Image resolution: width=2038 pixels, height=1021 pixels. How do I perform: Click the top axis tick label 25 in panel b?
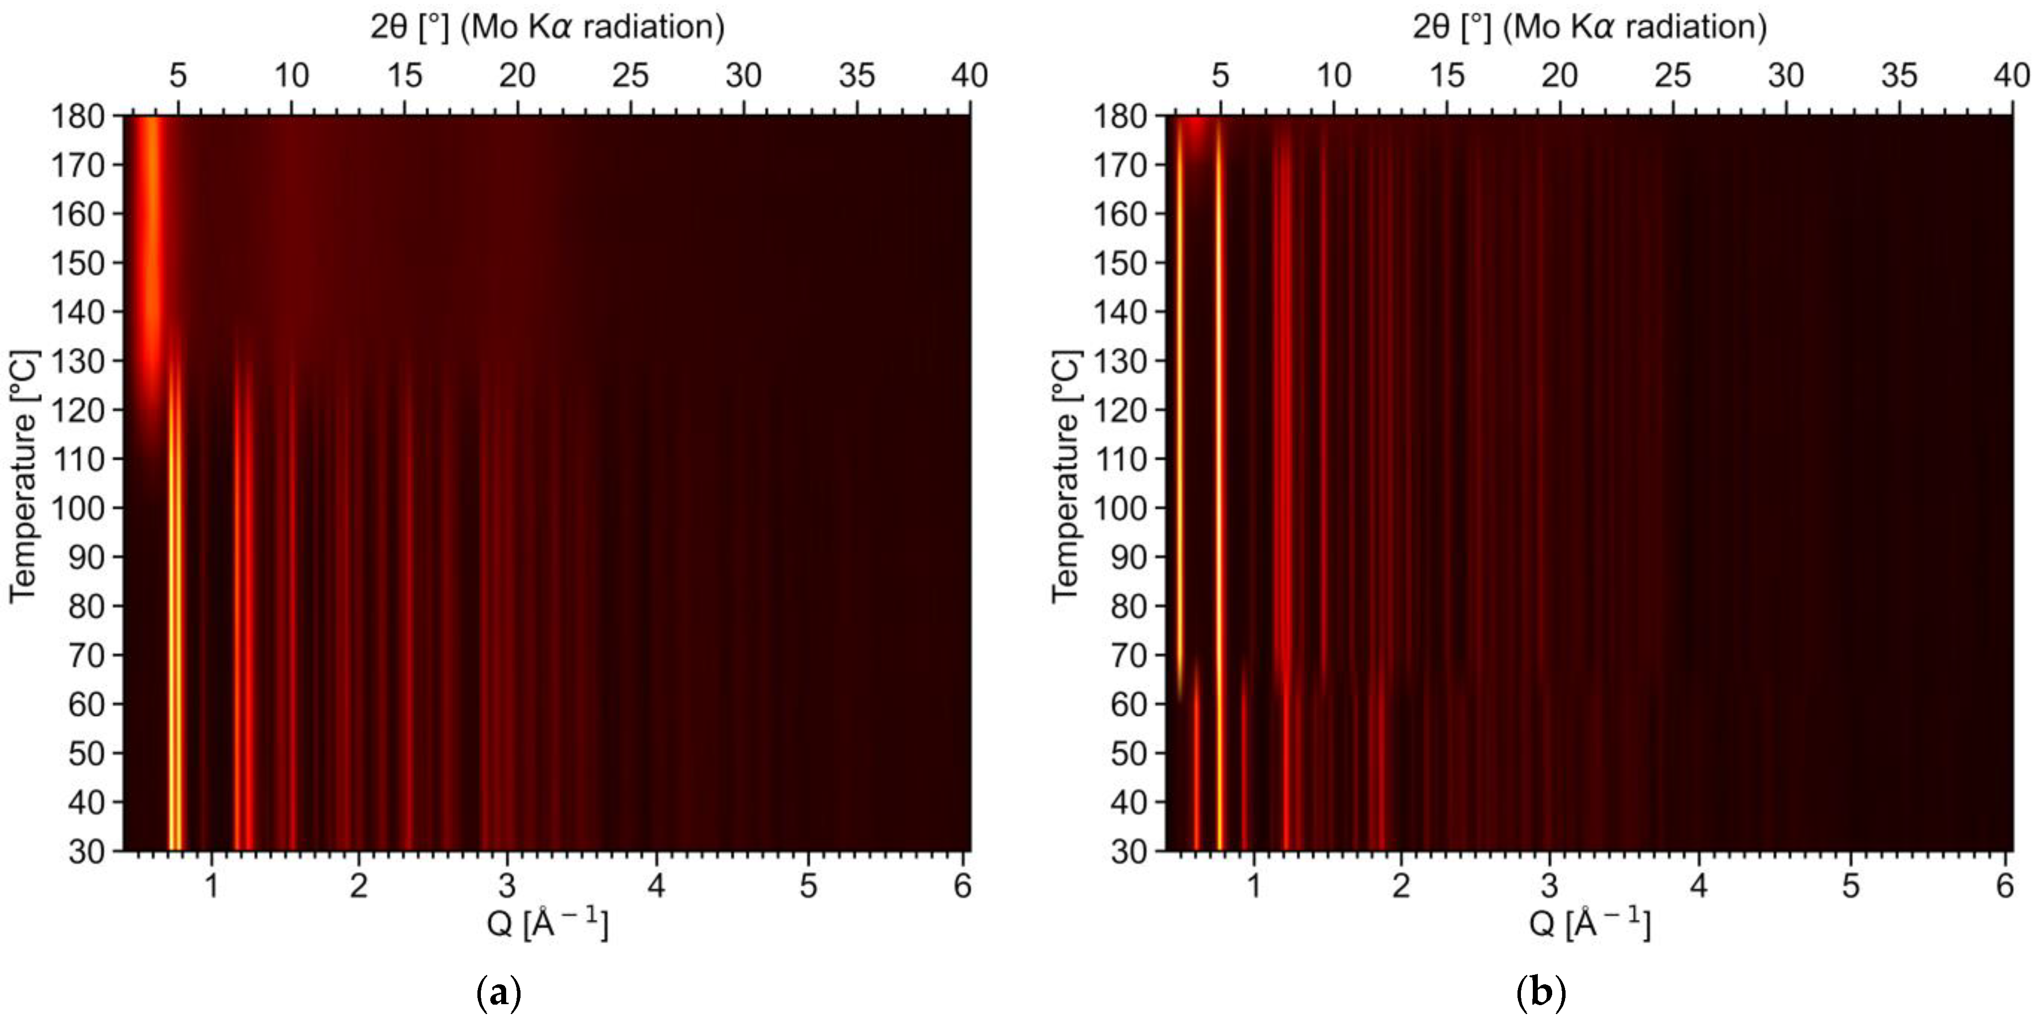pyautogui.click(x=1673, y=76)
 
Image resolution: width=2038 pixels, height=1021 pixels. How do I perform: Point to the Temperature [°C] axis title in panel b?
pyautogui.click(x=1066, y=477)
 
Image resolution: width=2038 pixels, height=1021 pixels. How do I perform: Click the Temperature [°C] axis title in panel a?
pyautogui.click(x=24, y=477)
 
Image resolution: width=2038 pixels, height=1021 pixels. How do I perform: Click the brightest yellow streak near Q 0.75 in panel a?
pyautogui.click(x=175, y=633)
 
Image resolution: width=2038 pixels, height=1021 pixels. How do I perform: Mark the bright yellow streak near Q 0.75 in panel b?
pyautogui.click(x=1219, y=474)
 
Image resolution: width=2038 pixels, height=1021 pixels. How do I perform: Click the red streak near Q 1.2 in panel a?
pyautogui.click(x=242, y=633)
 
